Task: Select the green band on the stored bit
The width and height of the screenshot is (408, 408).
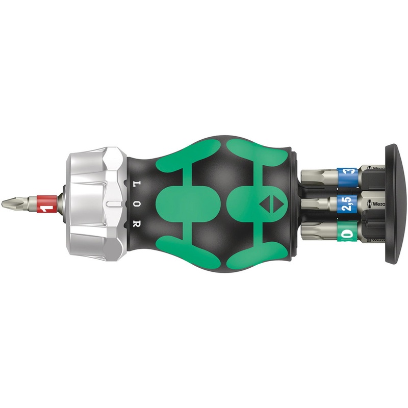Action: [x=347, y=234]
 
